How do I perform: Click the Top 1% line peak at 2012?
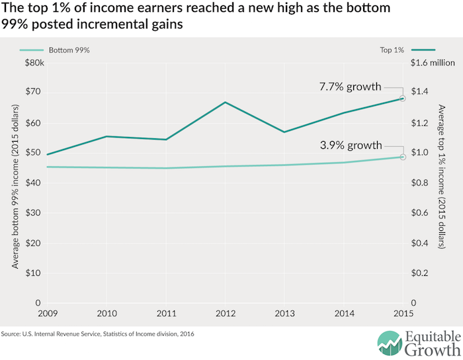coord(226,102)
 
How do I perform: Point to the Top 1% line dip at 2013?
coord(285,132)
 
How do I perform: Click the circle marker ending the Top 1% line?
coord(403,99)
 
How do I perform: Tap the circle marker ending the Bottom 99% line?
coord(403,157)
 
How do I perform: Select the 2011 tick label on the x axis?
coord(167,312)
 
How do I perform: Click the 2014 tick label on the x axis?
coord(344,312)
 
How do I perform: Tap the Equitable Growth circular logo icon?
coord(390,343)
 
